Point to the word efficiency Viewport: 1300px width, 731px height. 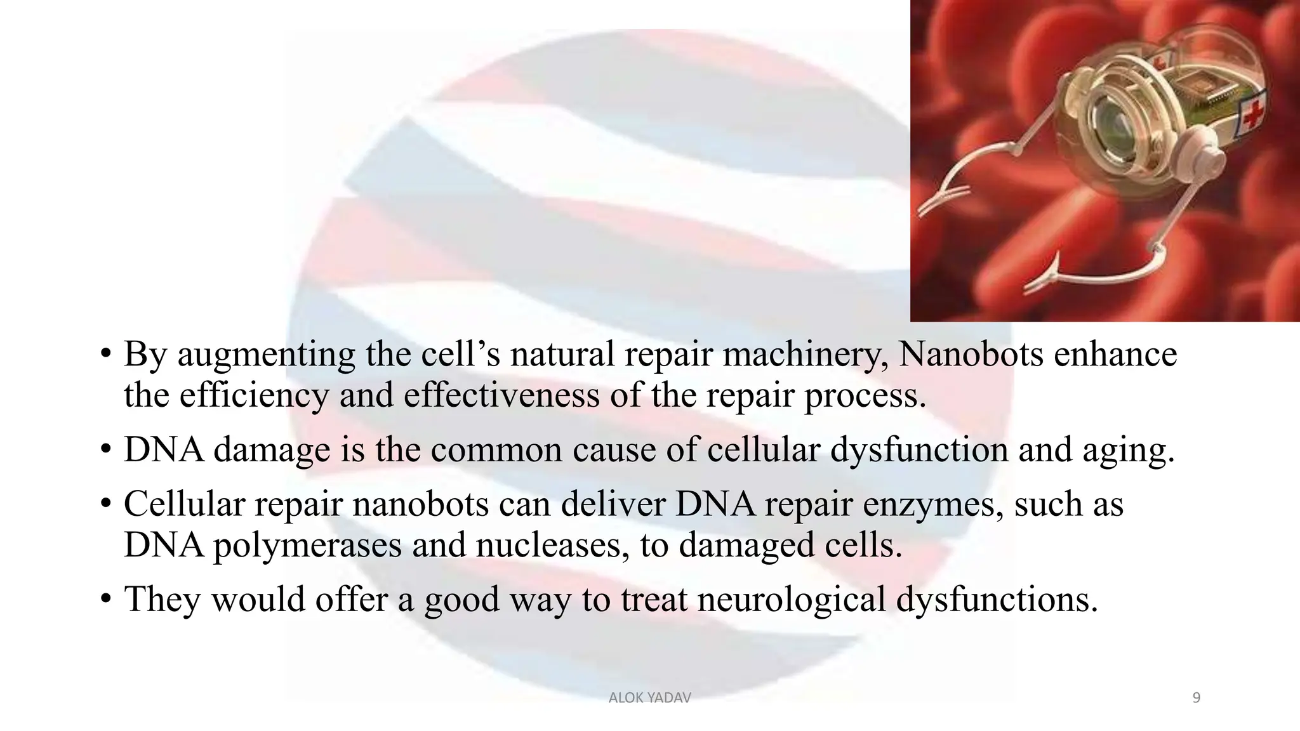(x=254, y=396)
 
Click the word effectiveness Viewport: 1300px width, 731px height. (x=501, y=395)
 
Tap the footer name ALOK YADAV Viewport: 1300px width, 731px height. (x=649, y=698)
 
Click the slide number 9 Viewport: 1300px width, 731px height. (x=1197, y=698)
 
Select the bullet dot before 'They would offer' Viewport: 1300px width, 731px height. (x=106, y=600)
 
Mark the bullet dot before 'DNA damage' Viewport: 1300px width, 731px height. (x=106, y=450)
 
